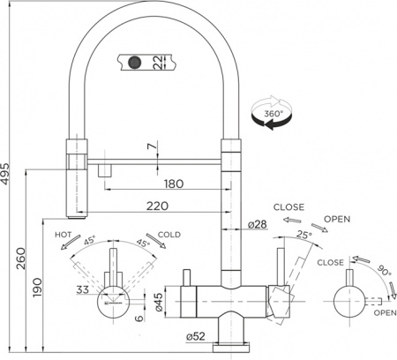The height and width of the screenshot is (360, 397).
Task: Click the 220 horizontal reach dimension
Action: click(160, 207)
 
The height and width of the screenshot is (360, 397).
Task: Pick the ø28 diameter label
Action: click(258, 225)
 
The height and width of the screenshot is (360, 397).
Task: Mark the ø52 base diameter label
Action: click(196, 336)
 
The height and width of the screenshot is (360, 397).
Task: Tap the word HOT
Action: click(64, 236)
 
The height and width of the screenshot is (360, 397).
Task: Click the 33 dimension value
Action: click(83, 289)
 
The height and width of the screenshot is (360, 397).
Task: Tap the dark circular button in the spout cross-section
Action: click(135, 62)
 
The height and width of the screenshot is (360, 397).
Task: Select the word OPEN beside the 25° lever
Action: click(338, 219)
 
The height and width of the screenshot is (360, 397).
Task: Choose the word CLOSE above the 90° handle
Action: click(332, 262)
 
